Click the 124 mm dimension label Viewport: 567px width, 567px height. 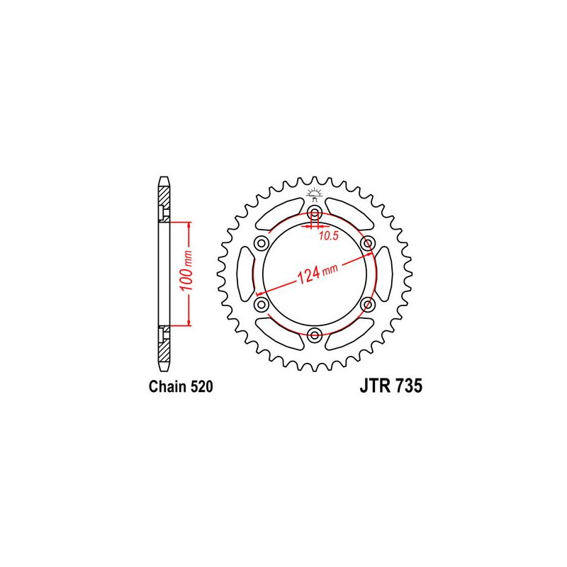[317, 273]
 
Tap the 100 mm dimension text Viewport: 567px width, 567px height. [186, 271]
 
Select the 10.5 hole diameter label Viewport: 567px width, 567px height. [328, 236]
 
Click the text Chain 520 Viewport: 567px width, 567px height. [181, 386]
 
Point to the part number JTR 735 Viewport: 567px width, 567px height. [391, 386]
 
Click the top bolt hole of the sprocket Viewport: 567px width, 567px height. [315, 213]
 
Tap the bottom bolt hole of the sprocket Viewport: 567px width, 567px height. [315, 335]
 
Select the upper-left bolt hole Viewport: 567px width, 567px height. [262, 243]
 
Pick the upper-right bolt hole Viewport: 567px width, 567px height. [368, 243]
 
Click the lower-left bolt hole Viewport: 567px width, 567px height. [262, 305]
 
